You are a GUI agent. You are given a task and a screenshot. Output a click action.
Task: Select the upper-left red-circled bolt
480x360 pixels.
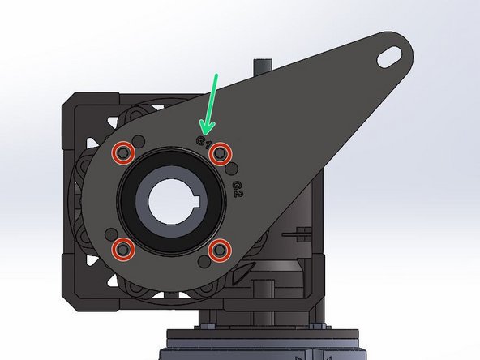(122, 152)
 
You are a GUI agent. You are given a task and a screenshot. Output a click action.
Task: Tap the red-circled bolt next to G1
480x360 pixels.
(219, 152)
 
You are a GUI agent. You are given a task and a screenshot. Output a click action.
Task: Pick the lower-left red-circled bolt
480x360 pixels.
(122, 249)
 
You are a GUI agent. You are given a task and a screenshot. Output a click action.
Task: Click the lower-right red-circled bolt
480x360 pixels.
(219, 250)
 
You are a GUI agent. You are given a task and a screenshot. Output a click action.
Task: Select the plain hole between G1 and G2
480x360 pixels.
(234, 168)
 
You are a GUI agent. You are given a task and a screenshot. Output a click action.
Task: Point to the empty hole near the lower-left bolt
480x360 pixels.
(109, 234)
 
